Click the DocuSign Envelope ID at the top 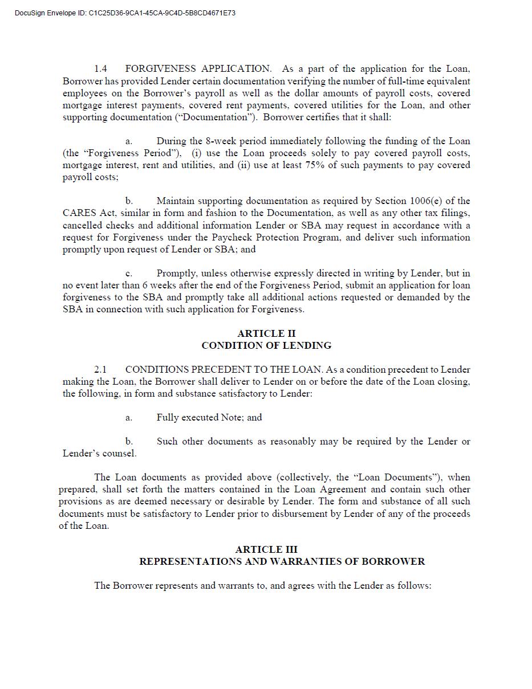125,13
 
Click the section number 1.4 100,69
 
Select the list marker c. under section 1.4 129,274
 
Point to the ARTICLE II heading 266,333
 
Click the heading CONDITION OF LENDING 266,345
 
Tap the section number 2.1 100,369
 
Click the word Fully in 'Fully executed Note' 168,418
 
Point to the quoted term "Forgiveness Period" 133,153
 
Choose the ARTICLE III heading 266,549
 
